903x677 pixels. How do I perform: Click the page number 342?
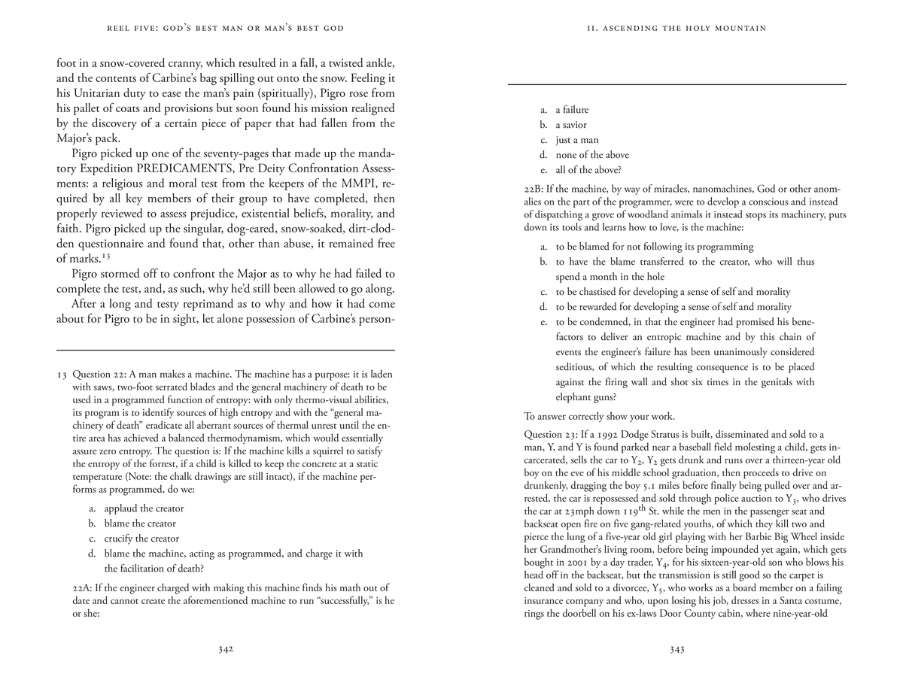(x=226, y=650)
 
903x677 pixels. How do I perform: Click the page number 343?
(x=677, y=650)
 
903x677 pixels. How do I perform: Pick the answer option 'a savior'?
(x=571, y=125)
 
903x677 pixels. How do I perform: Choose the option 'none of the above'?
(x=592, y=155)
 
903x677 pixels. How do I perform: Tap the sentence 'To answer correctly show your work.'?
(x=599, y=416)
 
